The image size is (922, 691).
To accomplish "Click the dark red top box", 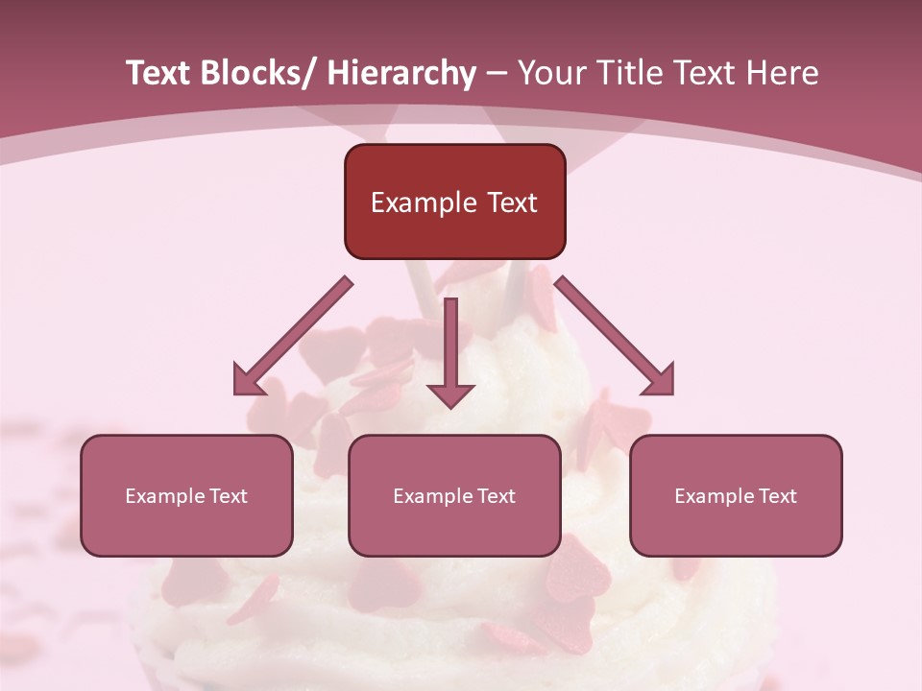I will point(454,202).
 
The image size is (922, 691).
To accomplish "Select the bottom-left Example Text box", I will point(186,495).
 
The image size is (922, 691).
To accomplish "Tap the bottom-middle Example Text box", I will point(454,495).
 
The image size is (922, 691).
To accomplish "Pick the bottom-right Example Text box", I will point(736,495).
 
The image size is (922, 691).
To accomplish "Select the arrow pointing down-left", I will point(294,336).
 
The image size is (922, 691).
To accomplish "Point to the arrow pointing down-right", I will point(615,336).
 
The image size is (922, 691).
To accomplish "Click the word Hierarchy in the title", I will point(401,74).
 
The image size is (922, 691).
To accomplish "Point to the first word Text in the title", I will point(161,74).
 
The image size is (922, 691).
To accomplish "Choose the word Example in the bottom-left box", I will point(164,496).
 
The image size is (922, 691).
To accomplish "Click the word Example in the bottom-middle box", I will point(432,496).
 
